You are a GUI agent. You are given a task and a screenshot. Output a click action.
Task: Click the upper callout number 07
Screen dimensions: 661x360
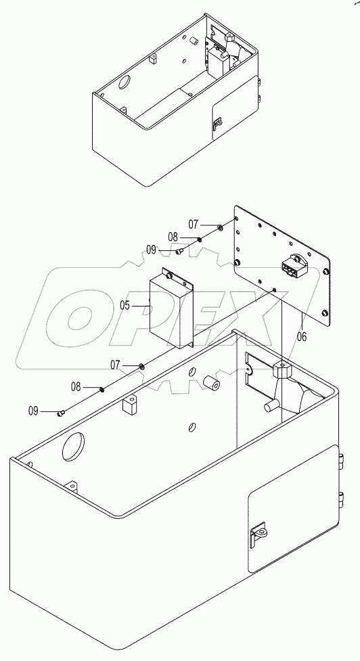(194, 223)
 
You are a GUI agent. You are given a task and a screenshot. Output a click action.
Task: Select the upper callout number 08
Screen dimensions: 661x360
(173, 237)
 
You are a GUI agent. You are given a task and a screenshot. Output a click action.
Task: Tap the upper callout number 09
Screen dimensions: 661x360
(154, 250)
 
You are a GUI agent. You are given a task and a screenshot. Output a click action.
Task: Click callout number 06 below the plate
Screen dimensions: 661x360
(301, 335)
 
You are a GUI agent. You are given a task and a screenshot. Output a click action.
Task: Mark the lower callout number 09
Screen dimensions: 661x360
(34, 410)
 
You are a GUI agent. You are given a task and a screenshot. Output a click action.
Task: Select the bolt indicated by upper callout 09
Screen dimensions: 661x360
(179, 252)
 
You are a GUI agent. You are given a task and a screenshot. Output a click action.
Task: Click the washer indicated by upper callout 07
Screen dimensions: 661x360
(221, 227)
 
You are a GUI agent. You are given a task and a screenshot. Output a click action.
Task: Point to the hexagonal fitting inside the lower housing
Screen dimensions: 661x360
(281, 370)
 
